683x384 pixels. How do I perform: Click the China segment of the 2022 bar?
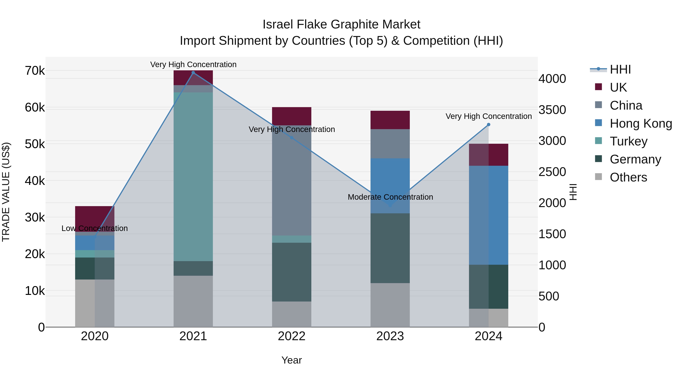point(291,180)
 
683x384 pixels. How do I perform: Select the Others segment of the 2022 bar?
point(291,314)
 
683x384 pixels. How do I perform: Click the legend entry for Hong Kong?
point(640,123)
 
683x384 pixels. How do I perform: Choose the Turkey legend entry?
point(628,141)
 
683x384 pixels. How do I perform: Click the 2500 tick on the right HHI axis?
point(552,172)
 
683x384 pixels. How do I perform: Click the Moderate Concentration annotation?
point(390,197)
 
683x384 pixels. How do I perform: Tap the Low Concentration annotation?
point(95,229)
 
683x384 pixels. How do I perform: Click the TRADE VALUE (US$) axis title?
point(6,192)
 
